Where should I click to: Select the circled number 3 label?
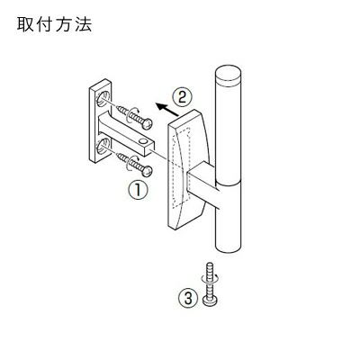188,299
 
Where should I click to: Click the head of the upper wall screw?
148,124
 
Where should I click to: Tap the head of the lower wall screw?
148,171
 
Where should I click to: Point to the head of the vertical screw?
211,301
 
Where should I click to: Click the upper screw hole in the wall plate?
103,98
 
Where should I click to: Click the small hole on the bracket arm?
143,140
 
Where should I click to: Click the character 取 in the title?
25,25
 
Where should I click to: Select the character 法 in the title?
83,25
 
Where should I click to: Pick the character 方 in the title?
64,25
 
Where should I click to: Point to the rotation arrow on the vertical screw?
211,278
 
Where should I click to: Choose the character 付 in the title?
44,25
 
